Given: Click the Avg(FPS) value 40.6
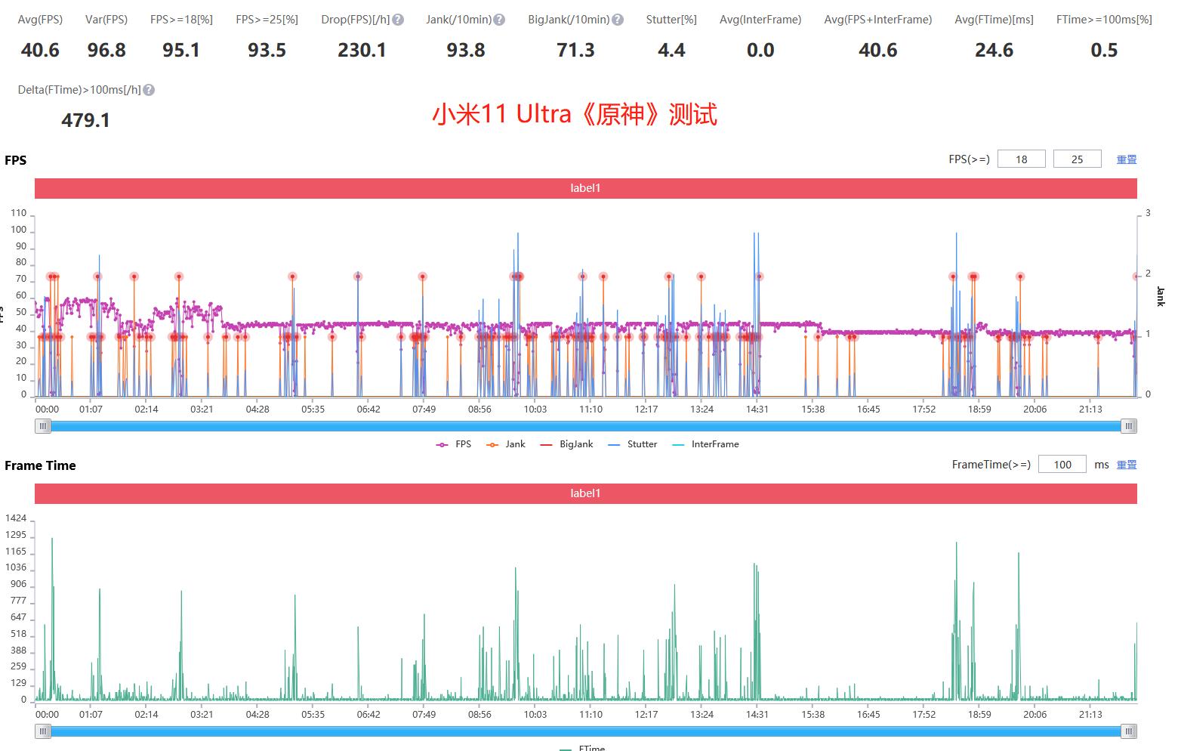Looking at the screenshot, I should pos(40,51).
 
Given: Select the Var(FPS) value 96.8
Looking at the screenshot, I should pos(106,51).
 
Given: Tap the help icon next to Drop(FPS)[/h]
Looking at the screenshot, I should pos(398,20).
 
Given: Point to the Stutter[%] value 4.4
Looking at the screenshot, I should pos(671,51).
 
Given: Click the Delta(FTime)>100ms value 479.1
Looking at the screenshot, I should pos(85,120).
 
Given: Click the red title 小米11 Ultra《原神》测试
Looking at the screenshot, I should pos(575,114).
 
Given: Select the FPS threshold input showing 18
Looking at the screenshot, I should pos(1021,159).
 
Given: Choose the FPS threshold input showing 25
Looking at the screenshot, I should pos(1077,159).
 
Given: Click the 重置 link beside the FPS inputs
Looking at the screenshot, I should pos(1127,159).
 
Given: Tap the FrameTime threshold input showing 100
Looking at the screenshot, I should pos(1062,465).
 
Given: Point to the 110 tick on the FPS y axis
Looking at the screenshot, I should pos(19,213).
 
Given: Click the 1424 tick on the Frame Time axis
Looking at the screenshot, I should pos(16,518).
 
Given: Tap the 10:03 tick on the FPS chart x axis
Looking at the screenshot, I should pos(535,409).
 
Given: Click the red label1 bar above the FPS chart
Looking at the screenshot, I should pos(585,188).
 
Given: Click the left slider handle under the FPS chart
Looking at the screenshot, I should pos(43,426).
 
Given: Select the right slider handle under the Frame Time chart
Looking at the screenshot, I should pos(1128,731).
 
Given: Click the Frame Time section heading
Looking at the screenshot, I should pos(40,465).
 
